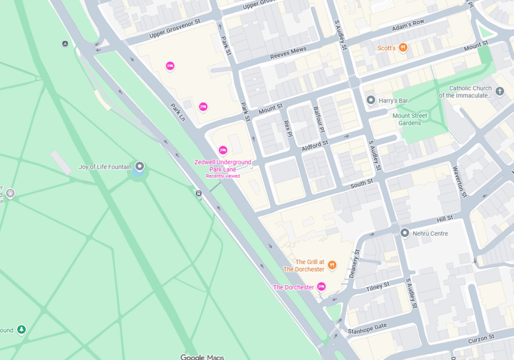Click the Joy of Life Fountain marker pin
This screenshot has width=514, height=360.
140,166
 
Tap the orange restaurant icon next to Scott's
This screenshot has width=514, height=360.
403,48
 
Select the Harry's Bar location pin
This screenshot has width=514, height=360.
371,100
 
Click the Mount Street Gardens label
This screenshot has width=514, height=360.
410,119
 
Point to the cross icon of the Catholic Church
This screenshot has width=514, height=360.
499,91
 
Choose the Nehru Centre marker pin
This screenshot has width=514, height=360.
405,233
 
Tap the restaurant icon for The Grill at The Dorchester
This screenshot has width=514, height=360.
332,265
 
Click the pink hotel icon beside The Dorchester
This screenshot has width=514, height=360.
321,287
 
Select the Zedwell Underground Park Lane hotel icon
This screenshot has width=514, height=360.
223,150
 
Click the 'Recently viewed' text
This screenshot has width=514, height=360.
222,176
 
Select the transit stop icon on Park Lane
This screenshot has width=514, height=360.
199,193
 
